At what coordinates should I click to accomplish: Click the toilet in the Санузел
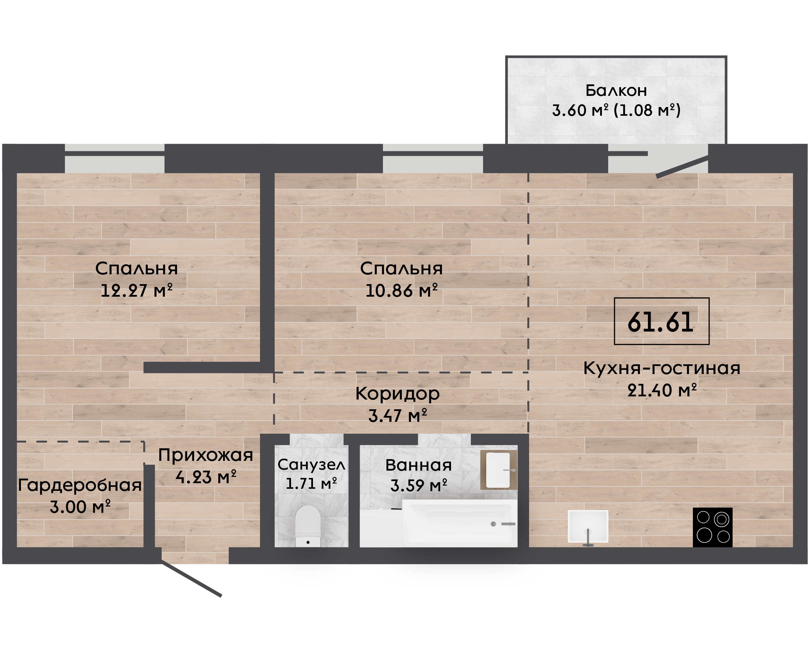308,526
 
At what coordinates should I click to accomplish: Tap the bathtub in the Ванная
459,523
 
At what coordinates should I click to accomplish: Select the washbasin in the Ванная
498,470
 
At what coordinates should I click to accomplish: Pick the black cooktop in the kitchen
712,527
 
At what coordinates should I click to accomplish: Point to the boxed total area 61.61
661,321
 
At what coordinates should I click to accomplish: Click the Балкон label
616,90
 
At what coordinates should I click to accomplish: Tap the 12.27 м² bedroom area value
137,290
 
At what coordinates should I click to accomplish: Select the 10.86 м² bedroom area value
402,290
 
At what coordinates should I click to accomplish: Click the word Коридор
398,394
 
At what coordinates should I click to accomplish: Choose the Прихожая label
206,455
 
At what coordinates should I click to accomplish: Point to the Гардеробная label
80,485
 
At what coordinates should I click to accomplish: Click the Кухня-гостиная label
662,368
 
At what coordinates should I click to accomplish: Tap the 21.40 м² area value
662,390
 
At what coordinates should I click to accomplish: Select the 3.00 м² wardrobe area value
80,507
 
